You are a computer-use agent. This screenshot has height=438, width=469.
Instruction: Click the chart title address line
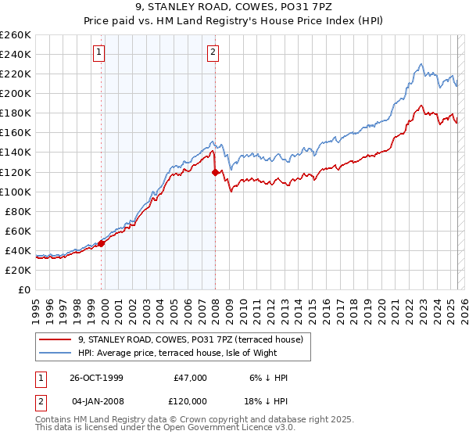pos(234,8)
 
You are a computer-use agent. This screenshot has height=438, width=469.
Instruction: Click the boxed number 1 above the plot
pos(100,53)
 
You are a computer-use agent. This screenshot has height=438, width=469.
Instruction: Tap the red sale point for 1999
pos(102,243)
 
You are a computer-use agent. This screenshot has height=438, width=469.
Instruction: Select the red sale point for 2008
pos(215,172)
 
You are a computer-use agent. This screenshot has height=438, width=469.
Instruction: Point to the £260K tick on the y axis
pos(16,35)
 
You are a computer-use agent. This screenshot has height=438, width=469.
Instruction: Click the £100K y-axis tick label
pos(16,192)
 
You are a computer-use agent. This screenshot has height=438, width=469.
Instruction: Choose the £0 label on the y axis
pos(24,289)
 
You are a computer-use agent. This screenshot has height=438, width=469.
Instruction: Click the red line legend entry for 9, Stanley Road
pos(195,339)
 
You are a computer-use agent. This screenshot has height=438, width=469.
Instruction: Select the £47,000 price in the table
pos(190,377)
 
